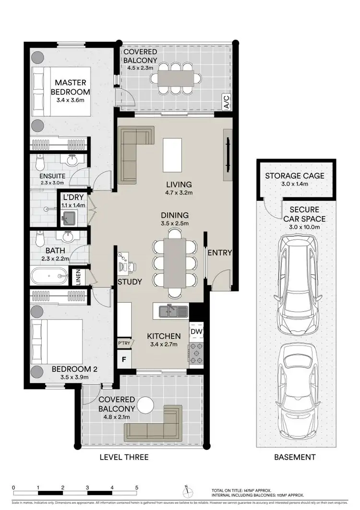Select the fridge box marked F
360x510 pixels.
pyautogui.click(x=124, y=359)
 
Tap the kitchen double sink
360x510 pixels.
pyautogui.click(x=171, y=312)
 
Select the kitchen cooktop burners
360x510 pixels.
pyautogui.click(x=196, y=353)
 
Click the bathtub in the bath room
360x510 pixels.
pyautogui.click(x=49, y=276)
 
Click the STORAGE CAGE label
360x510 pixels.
pyautogui.click(x=294, y=176)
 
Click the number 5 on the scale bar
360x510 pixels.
pyautogui.click(x=137, y=487)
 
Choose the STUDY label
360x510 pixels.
pyautogui.click(x=130, y=282)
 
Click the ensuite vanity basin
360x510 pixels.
pyautogui.click(x=72, y=160)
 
